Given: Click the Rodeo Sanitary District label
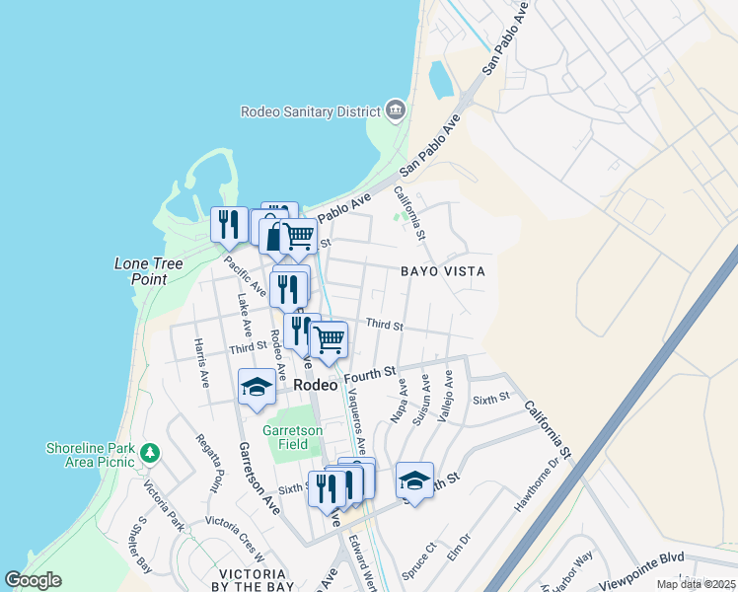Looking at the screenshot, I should (x=311, y=111).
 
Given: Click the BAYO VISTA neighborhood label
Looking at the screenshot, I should (x=445, y=270).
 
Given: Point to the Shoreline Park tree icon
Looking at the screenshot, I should (x=149, y=453).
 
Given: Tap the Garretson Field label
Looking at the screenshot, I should (x=285, y=437).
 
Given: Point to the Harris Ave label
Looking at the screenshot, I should (x=201, y=362).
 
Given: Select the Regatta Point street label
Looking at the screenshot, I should (x=209, y=463).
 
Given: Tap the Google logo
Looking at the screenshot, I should (x=33, y=580).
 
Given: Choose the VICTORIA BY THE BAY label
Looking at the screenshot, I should (x=239, y=580).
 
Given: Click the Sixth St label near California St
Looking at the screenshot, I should (x=489, y=399).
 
